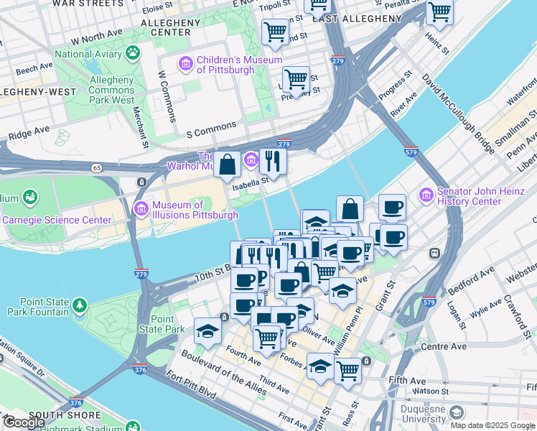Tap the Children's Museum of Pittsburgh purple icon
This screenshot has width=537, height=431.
[186, 65]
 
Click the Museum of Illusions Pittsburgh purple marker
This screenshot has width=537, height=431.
[141, 210]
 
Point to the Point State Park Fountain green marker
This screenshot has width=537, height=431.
[79, 307]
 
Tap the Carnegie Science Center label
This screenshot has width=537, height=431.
[48, 219]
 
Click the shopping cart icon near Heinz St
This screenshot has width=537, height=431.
[439, 13]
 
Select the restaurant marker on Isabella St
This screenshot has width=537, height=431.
[273, 161]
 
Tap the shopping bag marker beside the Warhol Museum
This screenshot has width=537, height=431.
[227, 164]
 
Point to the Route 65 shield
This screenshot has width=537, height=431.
[96, 168]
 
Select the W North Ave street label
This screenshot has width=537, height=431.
[98, 37]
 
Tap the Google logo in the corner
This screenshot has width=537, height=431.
[24, 422]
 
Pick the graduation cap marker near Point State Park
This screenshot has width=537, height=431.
[207, 330]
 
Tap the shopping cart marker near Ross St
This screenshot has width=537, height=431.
[347, 371]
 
